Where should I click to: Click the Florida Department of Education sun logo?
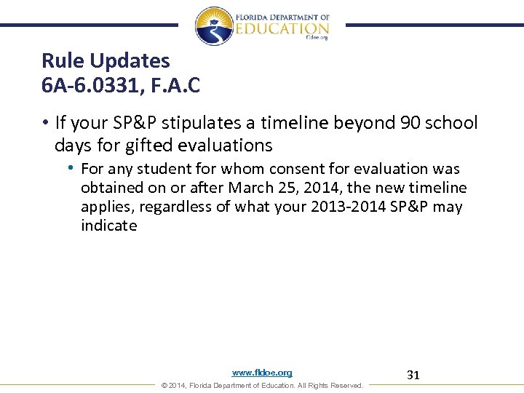tap(214, 25)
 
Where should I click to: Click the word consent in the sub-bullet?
tap(266, 169)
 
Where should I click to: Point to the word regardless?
tap(172, 207)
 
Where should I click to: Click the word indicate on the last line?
tap(108, 226)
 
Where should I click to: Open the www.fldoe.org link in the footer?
tap(262, 373)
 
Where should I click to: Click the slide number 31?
tap(413, 376)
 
